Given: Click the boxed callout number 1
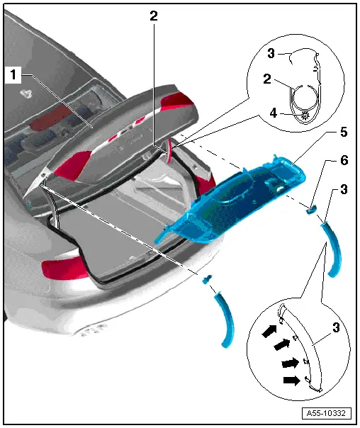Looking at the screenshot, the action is click(13, 74).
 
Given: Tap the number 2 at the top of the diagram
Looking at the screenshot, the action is click(153, 16).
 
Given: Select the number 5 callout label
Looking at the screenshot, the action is click(344, 132).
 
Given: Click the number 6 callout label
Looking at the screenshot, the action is click(344, 160).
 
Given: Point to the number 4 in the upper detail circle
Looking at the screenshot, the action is click(274, 113).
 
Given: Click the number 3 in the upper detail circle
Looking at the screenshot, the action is click(271, 53).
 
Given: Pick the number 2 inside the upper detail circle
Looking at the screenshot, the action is click(267, 79).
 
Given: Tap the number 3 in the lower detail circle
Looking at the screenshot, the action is click(336, 327).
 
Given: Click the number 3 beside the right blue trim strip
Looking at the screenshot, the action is click(344, 189).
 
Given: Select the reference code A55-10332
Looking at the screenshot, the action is click(326, 413).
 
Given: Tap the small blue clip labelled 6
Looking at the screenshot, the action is click(311, 209).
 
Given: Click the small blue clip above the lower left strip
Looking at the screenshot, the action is click(207, 279).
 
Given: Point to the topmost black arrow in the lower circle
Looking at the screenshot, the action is click(269, 331).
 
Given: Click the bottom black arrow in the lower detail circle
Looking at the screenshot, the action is click(292, 381).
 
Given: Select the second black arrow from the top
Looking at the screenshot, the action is click(282, 344).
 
